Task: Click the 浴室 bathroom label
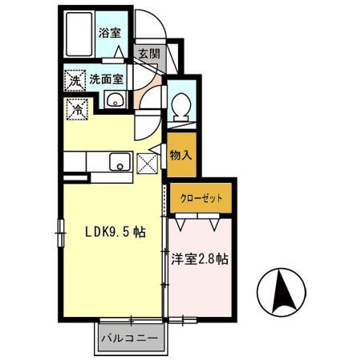click(109, 34)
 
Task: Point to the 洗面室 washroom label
click(106, 79)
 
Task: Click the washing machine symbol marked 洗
click(74, 80)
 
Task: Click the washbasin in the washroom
click(114, 100)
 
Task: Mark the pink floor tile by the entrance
click(143, 101)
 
